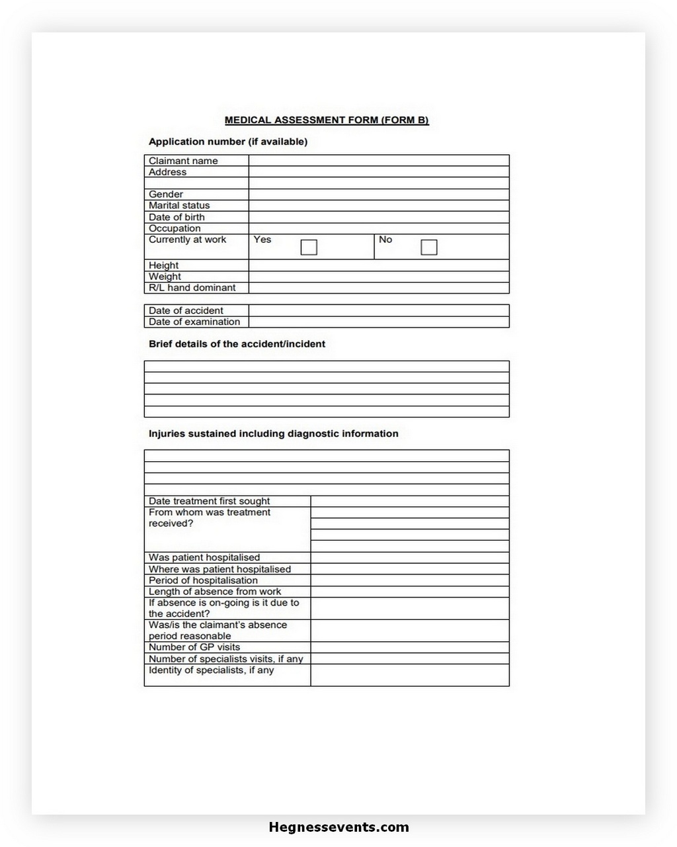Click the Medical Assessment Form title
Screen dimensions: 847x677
tap(327, 120)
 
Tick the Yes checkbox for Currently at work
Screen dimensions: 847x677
tap(309, 247)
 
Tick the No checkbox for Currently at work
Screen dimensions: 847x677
tap(429, 247)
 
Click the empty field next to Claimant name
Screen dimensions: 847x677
tap(379, 161)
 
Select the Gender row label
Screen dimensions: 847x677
tap(166, 195)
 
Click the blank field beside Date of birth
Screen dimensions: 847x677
tap(379, 217)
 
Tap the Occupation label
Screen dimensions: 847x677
tap(175, 228)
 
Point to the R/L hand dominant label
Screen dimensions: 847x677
tap(192, 288)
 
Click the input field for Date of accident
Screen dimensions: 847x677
tap(379, 310)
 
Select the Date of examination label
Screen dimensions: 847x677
tap(194, 322)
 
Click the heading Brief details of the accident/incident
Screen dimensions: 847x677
tap(237, 344)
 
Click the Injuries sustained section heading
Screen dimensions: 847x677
tap(273, 434)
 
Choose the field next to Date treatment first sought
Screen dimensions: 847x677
tap(410, 502)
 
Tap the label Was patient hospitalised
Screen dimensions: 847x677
tap(204, 558)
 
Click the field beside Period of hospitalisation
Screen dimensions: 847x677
tap(410, 580)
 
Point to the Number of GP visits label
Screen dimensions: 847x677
tap(194, 647)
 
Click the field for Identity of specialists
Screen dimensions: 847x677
tap(410, 675)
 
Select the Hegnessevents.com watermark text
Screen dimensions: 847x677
tap(338, 827)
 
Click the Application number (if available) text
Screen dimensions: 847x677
tap(228, 142)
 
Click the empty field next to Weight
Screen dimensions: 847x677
tap(379, 277)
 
